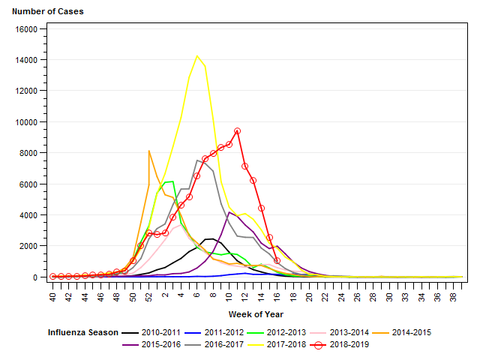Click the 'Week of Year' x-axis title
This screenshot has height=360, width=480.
click(257, 313)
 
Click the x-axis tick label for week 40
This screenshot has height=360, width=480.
click(52, 297)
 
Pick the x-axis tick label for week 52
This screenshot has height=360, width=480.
click(148, 297)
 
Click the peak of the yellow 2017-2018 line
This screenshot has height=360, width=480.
click(197, 55)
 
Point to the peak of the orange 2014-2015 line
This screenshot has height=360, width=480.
click(149, 151)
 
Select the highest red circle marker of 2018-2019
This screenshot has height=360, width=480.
click(237, 130)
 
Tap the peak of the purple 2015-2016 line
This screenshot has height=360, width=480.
click(229, 212)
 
